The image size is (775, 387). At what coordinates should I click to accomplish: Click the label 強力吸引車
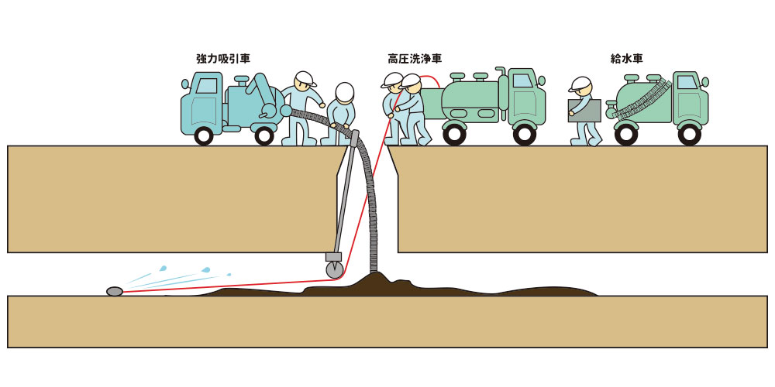223,58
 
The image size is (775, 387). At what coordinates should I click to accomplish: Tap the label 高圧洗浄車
415,58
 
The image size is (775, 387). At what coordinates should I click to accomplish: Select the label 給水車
627,58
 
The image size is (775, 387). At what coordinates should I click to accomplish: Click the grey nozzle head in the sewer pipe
115,292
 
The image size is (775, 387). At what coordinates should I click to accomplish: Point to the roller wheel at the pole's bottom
335,270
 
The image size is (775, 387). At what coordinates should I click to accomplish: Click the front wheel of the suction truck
204,135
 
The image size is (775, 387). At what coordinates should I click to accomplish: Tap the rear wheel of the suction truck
264,135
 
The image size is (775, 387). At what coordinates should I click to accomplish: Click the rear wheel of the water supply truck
626,134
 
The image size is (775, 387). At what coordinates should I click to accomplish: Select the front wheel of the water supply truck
689,134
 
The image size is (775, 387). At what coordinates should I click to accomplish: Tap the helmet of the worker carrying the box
580,84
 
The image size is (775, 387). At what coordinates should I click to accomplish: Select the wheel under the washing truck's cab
525,133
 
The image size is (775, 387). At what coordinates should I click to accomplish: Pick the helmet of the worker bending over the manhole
343,93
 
